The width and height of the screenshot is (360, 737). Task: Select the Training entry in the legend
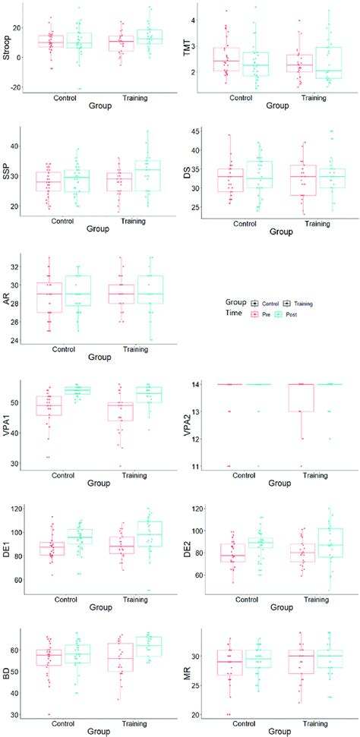click(x=302, y=303)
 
